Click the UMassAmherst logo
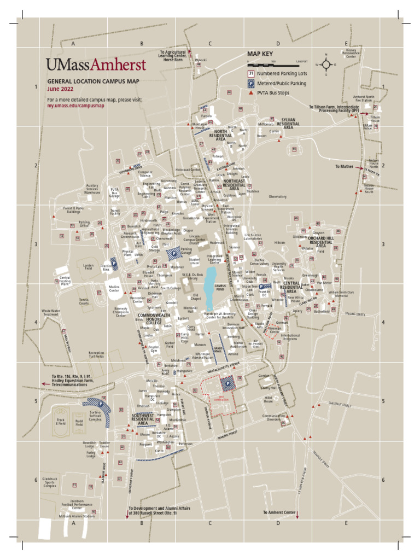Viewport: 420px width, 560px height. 96,65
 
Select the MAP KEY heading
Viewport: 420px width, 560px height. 260,54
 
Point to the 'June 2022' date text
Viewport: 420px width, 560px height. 60,88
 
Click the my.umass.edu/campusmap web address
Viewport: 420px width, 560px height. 75,106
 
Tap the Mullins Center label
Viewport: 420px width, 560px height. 114,288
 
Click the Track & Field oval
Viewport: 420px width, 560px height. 61,421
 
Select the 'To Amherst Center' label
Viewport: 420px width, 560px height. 279,512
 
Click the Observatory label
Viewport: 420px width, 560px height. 278,196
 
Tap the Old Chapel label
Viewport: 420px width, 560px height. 196,296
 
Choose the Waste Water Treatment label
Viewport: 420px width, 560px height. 50,313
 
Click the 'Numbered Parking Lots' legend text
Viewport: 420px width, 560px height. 286,73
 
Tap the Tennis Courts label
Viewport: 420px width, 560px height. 84,301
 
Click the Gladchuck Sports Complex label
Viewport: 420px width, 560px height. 50,482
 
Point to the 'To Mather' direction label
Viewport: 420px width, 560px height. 344,166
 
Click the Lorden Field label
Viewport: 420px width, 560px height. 87,266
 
